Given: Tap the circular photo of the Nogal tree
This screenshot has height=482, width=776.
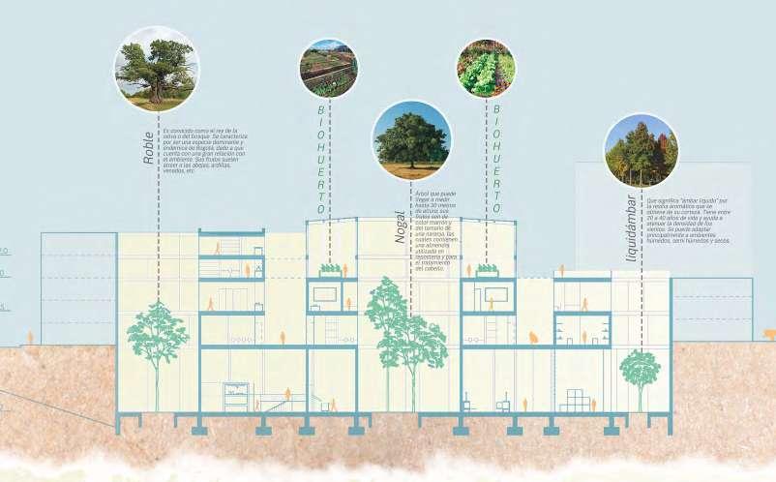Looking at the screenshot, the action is coord(411,141).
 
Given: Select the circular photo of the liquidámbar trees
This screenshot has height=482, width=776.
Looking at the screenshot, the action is coord(641,151).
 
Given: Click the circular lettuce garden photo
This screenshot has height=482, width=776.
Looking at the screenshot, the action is coord(485,68).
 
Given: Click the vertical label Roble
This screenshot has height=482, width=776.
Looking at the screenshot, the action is coord(148,147).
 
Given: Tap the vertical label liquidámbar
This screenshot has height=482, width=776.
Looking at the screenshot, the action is coord(631,228).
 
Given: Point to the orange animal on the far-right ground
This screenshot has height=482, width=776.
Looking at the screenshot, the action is coord(769,335).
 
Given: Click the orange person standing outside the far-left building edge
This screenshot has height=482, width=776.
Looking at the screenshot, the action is coord(29,338).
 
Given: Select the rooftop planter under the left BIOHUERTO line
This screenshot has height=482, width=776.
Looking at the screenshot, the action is coord(330,270).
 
